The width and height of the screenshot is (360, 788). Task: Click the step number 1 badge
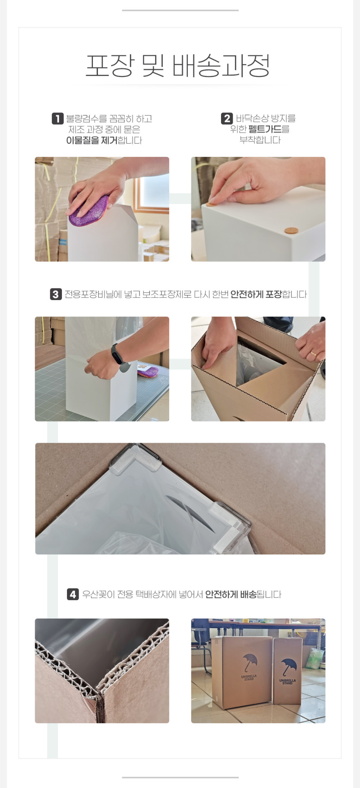coord(57,118)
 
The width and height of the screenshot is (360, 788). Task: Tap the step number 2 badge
coord(227,118)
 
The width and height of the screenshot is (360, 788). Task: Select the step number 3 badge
coord(56,294)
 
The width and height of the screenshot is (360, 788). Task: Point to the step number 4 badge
coord(73,594)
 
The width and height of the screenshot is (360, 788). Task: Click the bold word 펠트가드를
coord(269,129)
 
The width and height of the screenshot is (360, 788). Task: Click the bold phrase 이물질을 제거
coord(92,140)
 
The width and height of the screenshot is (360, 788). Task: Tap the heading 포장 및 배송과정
coord(178,66)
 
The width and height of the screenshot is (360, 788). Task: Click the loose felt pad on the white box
coord(291,230)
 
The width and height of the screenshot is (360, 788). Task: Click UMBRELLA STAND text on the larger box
coord(249,678)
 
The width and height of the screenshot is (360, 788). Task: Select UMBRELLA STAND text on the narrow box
coord(288,682)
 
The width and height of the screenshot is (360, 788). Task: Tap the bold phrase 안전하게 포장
coord(256,295)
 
